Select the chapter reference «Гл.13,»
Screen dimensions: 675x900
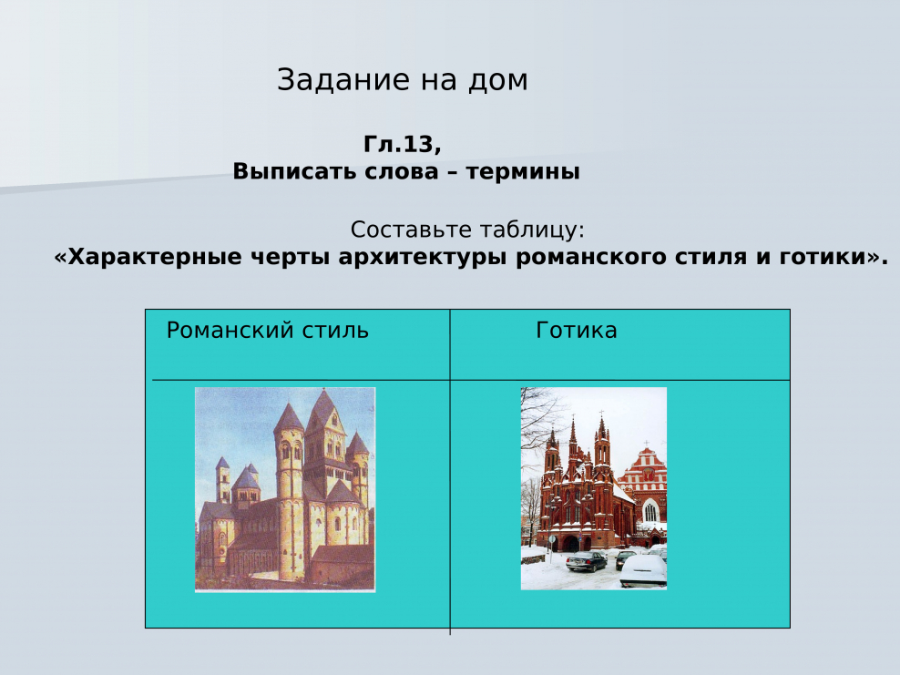coord(402,145)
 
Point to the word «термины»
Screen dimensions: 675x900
coord(523,171)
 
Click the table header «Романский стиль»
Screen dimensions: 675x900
coord(267,331)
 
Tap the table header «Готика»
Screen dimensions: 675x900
coord(576,331)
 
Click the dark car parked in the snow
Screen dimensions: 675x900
coord(586,561)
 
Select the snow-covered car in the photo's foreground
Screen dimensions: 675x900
coord(643,571)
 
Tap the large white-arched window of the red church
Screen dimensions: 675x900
coord(650,511)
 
